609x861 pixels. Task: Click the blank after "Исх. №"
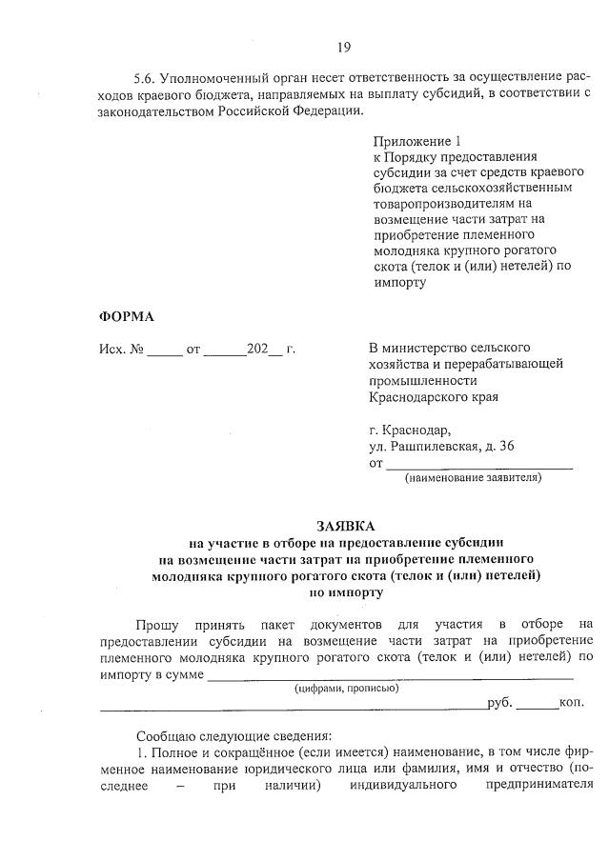point(164,350)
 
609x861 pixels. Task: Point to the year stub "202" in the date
point(256,349)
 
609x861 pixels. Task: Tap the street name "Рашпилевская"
point(436,447)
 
